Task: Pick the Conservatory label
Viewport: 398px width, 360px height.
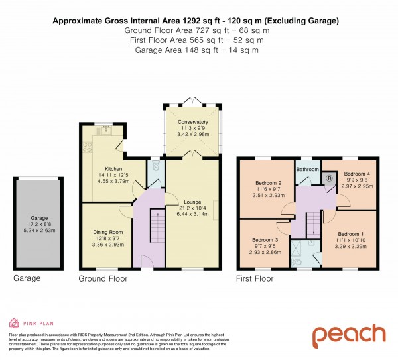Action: (x=192, y=122)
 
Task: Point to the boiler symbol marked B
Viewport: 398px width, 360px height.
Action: (x=330, y=179)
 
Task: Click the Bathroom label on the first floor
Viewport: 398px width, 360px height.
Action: (x=308, y=170)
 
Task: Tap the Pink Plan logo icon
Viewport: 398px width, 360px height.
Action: (x=13, y=323)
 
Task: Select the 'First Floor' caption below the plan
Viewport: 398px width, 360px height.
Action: (x=253, y=279)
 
